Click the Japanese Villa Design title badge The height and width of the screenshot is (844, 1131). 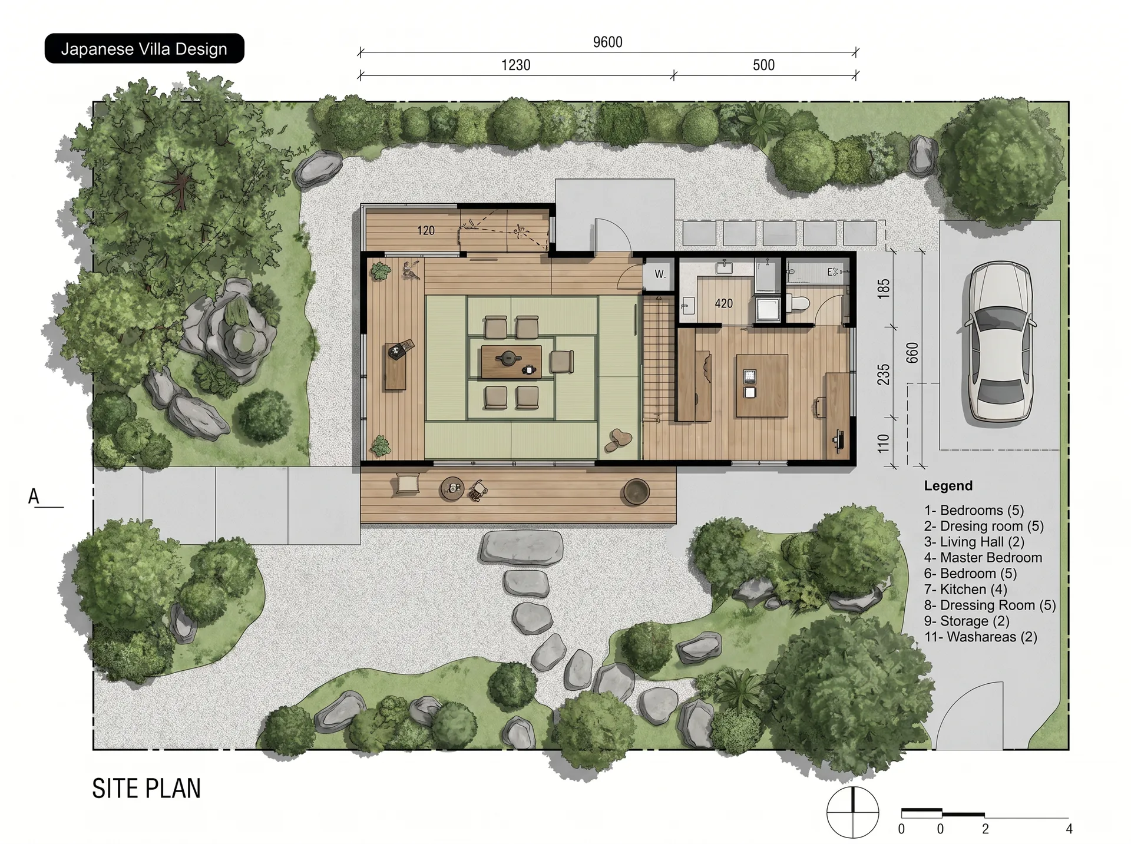click(144, 48)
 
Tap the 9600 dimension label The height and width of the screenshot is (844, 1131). click(607, 42)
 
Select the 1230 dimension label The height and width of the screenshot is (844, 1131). click(515, 65)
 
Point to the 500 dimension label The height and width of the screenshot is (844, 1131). click(763, 65)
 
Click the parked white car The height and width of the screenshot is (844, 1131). click(1000, 342)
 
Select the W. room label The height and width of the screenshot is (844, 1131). click(660, 274)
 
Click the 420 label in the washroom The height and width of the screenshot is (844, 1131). click(723, 303)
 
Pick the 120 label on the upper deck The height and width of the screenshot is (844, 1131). click(426, 230)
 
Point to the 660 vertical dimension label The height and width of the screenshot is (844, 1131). click(912, 352)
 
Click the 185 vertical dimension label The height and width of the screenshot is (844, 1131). click(884, 288)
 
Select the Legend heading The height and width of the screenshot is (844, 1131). click(948, 486)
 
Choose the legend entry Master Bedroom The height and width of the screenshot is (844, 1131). click(983, 557)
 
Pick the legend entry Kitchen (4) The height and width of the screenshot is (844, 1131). click(965, 589)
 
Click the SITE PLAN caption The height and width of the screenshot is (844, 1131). click(146, 789)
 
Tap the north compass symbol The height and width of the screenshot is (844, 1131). click(852, 812)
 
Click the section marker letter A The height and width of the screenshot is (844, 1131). click(34, 497)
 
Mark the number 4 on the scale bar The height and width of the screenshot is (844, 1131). click(1069, 829)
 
